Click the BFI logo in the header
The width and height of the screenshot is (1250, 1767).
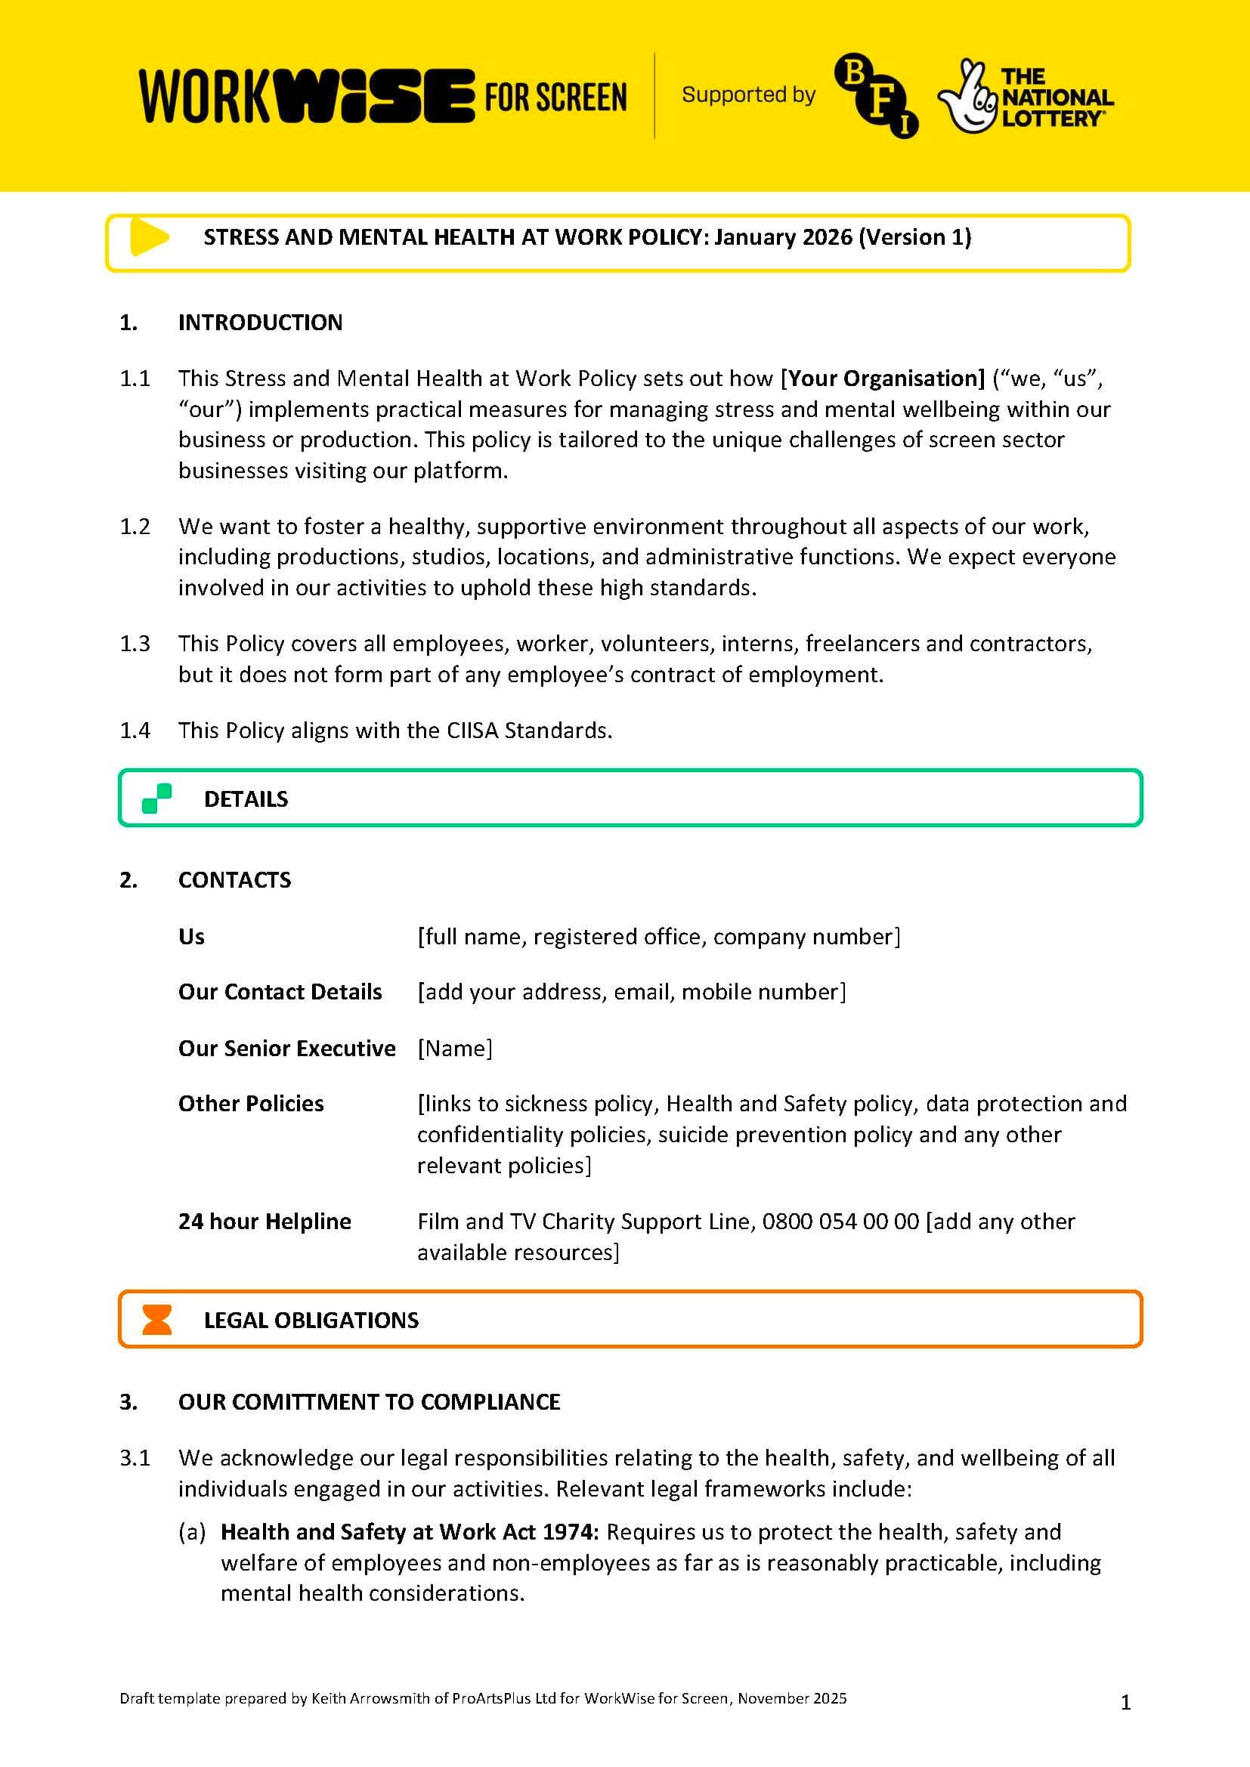click(876, 95)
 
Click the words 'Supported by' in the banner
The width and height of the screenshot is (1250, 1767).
click(748, 94)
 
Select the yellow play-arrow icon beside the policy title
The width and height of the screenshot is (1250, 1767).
click(149, 237)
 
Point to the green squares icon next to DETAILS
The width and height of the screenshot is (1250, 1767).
click(156, 798)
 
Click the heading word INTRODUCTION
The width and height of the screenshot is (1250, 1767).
click(260, 323)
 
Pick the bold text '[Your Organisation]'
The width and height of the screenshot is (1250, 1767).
click(883, 378)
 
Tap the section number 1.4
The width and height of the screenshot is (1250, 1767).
click(135, 731)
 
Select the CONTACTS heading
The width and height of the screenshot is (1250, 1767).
click(235, 880)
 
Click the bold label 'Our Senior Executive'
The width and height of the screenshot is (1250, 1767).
click(286, 1049)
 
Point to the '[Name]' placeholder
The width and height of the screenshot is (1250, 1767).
click(455, 1049)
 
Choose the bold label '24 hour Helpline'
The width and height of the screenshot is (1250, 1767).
click(265, 1222)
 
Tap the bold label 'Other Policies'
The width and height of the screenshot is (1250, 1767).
click(251, 1104)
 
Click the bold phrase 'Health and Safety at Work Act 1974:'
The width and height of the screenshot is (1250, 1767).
click(410, 1531)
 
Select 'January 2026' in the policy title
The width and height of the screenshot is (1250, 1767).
click(783, 237)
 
